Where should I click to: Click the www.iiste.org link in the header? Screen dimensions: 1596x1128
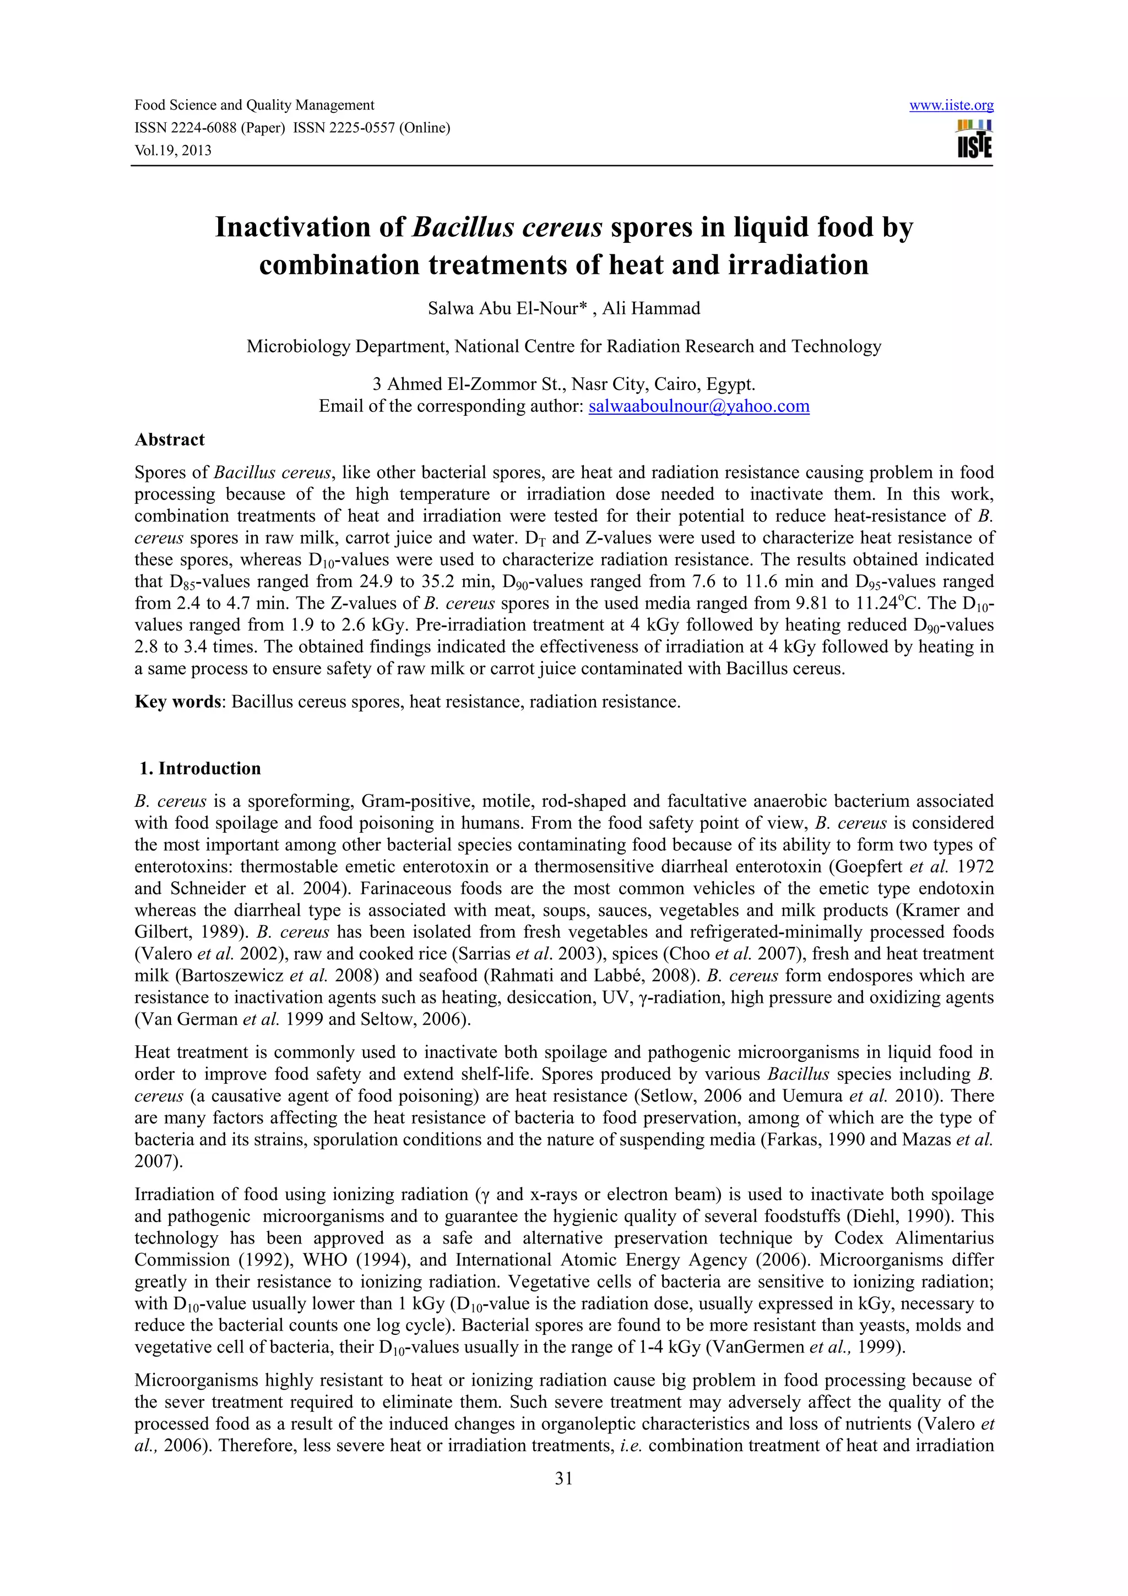pyautogui.click(x=951, y=106)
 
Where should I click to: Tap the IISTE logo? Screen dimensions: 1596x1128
pyautogui.click(x=974, y=139)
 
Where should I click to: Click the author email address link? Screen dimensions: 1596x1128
pyautogui.click(x=698, y=406)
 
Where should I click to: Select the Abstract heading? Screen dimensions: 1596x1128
pyautogui.click(x=170, y=440)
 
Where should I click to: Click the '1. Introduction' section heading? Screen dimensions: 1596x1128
pyautogui.click(x=199, y=768)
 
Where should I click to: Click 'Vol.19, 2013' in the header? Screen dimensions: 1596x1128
pyautogui.click(x=172, y=150)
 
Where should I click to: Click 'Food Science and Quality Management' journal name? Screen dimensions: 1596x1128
pyautogui.click(x=254, y=106)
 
